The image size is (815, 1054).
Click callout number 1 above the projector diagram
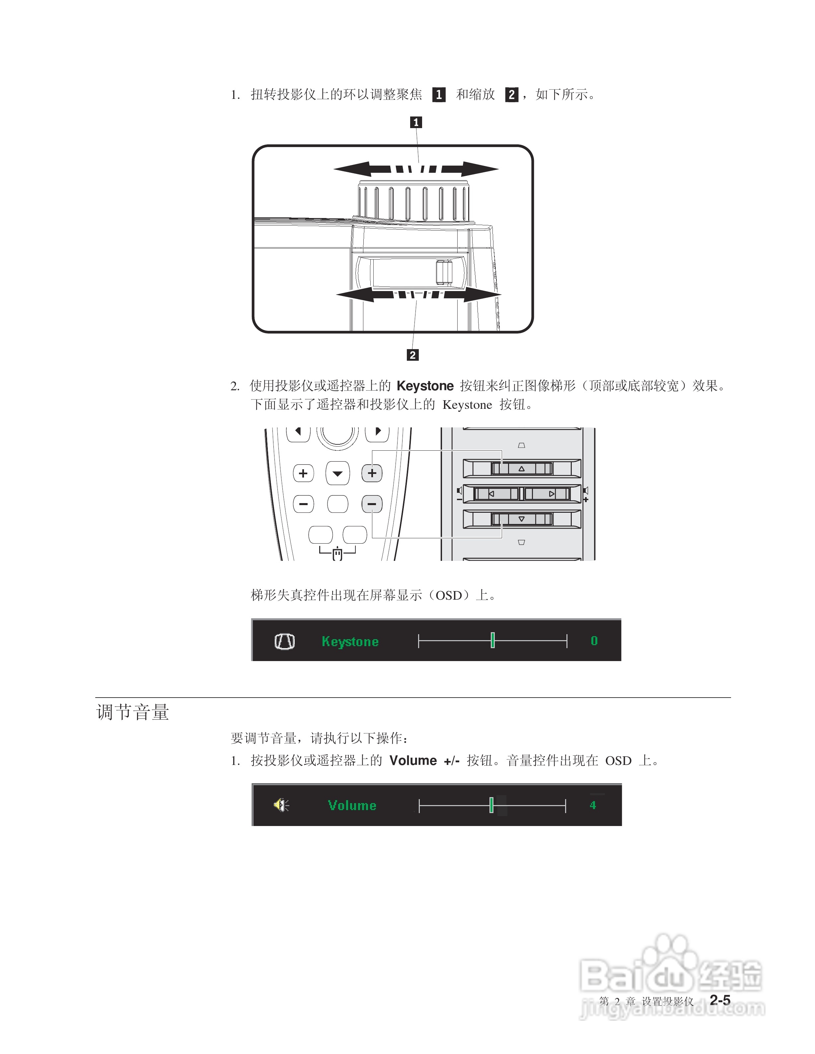click(416, 122)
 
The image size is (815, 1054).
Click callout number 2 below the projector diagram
click(412, 355)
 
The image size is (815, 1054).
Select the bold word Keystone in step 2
click(425, 386)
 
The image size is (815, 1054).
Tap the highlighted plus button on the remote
click(372, 473)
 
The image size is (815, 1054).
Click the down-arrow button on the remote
click(338, 474)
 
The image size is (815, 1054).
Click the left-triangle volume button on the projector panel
click(495, 494)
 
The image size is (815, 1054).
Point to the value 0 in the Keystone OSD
click(594, 641)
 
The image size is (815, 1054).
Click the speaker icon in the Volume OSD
click(281, 805)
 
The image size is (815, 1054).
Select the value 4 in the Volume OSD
click(593, 805)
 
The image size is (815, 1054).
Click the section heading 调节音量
click(133, 712)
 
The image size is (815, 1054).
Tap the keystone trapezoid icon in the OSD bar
click(285, 641)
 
